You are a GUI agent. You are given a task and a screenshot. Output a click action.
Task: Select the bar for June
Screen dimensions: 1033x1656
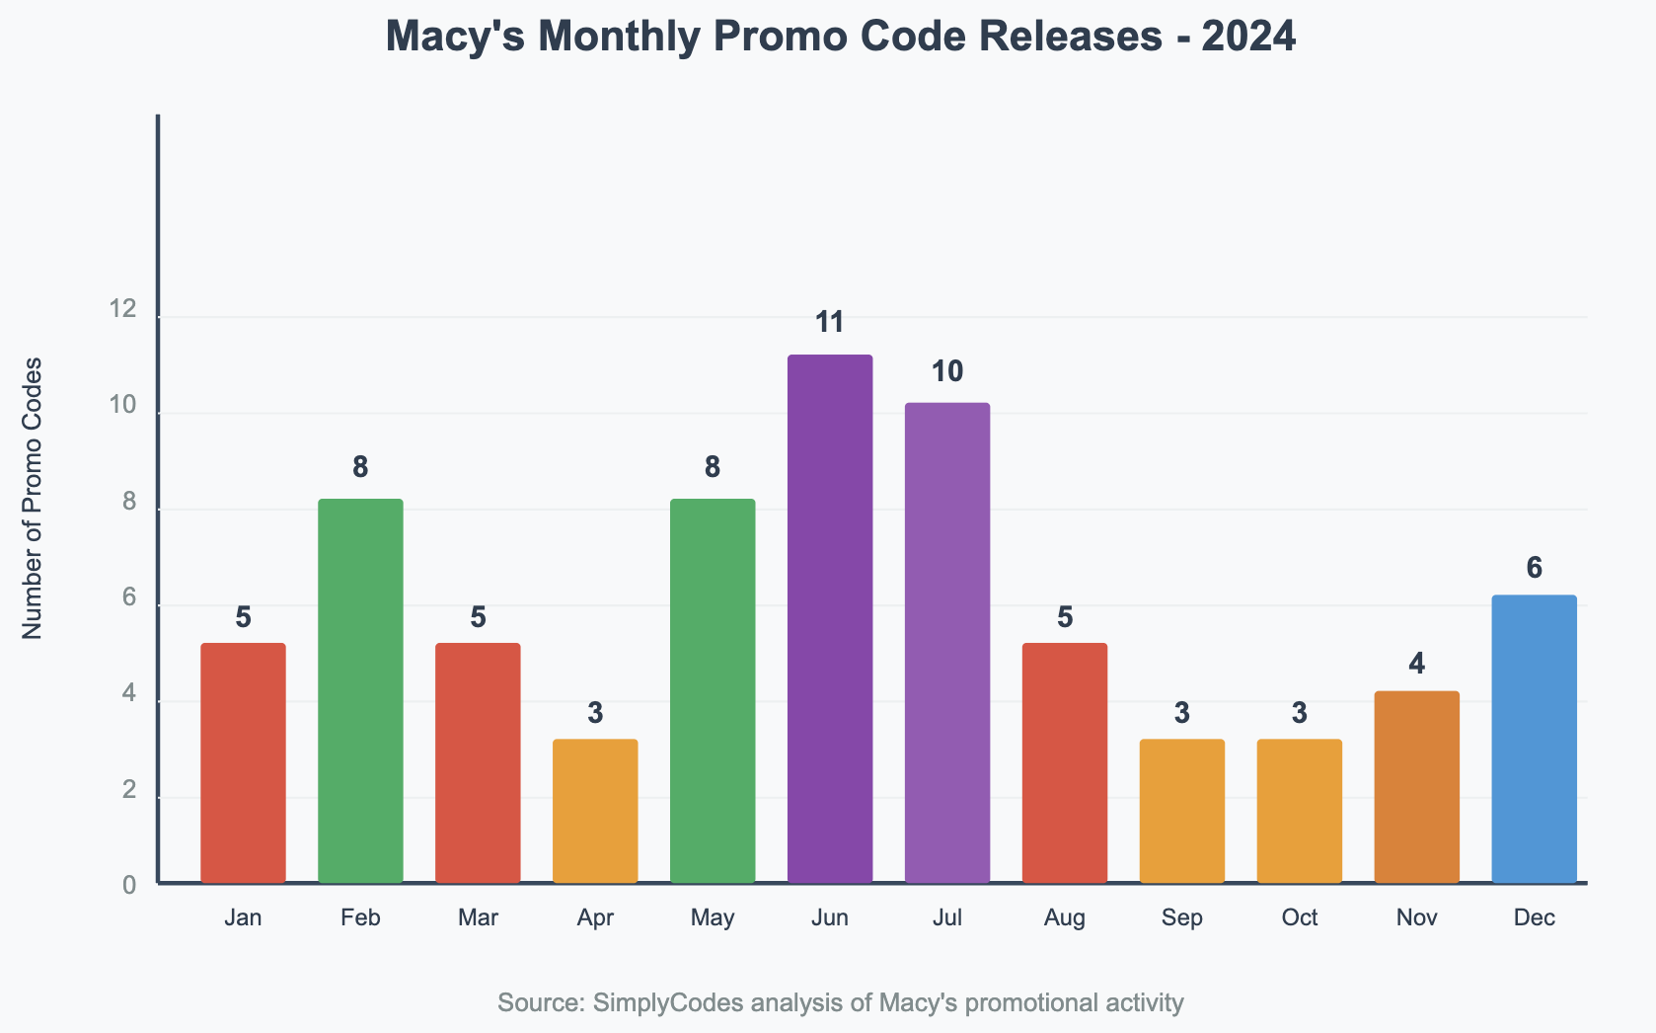pyautogui.click(x=830, y=618)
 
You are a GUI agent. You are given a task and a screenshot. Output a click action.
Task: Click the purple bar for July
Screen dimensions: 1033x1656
pyautogui.click(x=947, y=643)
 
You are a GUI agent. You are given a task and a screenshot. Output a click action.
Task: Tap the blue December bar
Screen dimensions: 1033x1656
pyautogui.click(x=1534, y=739)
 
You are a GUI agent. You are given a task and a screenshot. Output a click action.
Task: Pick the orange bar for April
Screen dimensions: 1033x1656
pyautogui.click(x=595, y=811)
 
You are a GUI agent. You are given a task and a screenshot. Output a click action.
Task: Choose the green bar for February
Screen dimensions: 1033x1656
pyautogui.click(x=360, y=690)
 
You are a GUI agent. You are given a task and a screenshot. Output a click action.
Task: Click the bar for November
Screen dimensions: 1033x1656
pyautogui.click(x=1416, y=787)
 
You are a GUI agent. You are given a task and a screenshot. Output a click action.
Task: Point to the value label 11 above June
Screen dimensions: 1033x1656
pyautogui.click(x=830, y=322)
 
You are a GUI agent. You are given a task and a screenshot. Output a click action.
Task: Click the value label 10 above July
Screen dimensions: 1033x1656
pyautogui.click(x=947, y=371)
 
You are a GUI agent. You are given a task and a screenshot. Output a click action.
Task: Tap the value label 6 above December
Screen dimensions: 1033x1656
pyautogui.click(x=1534, y=568)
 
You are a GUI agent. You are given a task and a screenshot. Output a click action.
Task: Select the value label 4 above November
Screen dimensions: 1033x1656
pyautogui.click(x=1416, y=664)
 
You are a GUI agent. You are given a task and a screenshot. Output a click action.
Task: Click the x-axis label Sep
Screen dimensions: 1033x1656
pyautogui.click(x=1182, y=917)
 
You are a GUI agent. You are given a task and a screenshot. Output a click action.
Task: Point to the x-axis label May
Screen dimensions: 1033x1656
pyautogui.click(x=713, y=917)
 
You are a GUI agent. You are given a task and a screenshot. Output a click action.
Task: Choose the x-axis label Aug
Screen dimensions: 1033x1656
pyautogui.click(x=1065, y=917)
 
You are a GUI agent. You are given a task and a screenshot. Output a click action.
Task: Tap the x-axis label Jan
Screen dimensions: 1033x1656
pyautogui.click(x=243, y=917)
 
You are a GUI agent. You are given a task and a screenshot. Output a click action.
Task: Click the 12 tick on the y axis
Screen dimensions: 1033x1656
pyautogui.click(x=123, y=310)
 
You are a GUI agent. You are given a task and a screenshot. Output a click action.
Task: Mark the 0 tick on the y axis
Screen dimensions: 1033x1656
pyautogui.click(x=129, y=885)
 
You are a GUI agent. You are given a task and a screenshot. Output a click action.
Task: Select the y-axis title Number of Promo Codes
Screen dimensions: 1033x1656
pyautogui.click(x=33, y=498)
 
